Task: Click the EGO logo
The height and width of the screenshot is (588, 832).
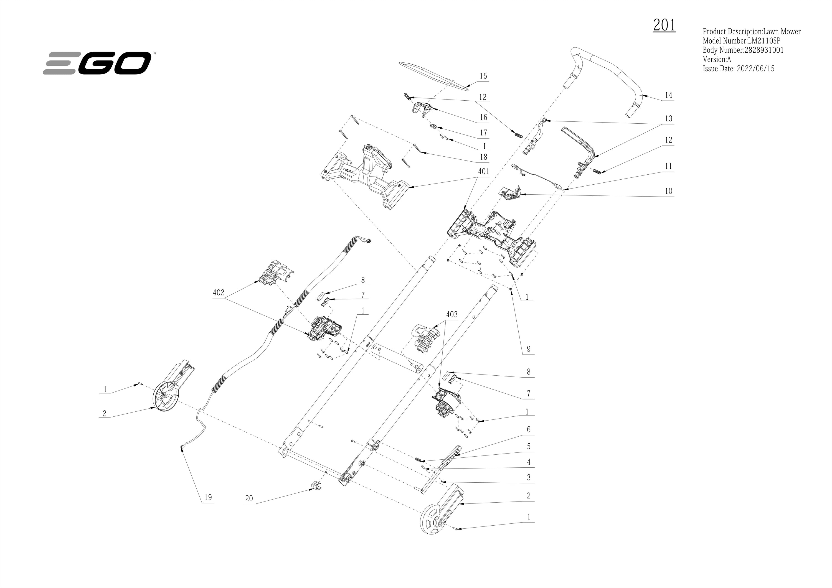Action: click(x=97, y=63)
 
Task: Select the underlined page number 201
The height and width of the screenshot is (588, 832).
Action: click(x=664, y=25)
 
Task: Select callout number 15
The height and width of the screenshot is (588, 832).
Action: click(x=483, y=76)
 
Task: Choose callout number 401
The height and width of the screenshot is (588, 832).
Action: click(x=483, y=171)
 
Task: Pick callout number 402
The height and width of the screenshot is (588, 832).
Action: click(x=219, y=292)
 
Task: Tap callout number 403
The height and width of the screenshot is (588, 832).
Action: click(x=451, y=314)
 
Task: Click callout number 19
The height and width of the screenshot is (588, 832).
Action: click(x=208, y=497)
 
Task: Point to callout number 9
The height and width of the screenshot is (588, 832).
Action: click(x=528, y=349)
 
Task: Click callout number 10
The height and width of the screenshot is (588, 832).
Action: click(x=668, y=191)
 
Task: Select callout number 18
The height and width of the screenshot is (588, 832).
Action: click(x=483, y=157)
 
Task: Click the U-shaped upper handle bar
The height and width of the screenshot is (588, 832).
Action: click(x=616, y=83)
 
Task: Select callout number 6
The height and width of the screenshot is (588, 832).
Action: click(x=528, y=429)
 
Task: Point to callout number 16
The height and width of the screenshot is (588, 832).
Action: click(x=483, y=117)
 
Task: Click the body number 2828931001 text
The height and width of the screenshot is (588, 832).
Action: click(x=743, y=50)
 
